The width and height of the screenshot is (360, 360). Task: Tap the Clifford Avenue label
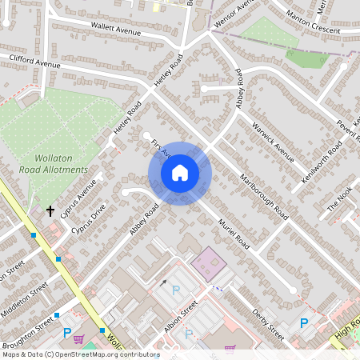[x=35, y=61]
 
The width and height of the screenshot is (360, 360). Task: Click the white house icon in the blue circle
[x=180, y=172]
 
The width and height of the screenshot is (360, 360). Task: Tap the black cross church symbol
[x=50, y=211]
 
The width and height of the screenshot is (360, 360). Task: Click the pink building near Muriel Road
[x=209, y=262]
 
